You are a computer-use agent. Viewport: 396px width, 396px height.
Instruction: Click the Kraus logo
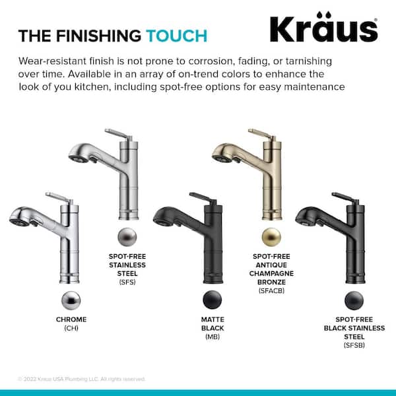[323, 29]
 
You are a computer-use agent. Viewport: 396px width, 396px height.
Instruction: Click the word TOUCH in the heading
[176, 35]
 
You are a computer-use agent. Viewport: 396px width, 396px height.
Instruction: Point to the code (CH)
[71, 329]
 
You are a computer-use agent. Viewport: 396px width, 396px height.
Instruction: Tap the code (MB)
[212, 337]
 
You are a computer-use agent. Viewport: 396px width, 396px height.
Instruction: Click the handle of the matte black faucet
[201, 197]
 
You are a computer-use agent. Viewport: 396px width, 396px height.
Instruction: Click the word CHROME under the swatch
[71, 319]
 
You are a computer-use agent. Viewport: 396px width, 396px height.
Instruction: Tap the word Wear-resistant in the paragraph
[55, 61]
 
